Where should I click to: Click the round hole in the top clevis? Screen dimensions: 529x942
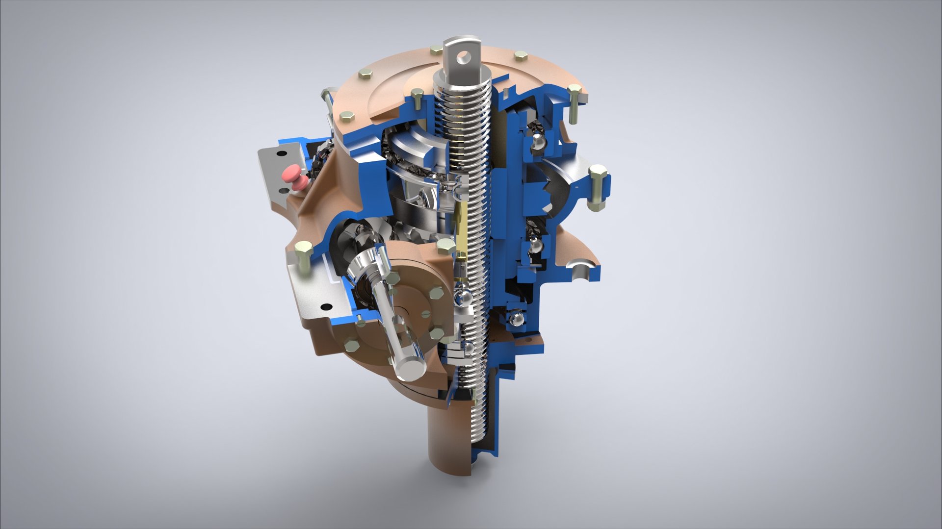(x=462, y=58)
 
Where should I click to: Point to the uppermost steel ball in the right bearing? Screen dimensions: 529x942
(x=538, y=142)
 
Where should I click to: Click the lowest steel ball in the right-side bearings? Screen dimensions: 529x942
(x=516, y=319)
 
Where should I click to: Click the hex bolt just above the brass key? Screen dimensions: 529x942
(x=445, y=245)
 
